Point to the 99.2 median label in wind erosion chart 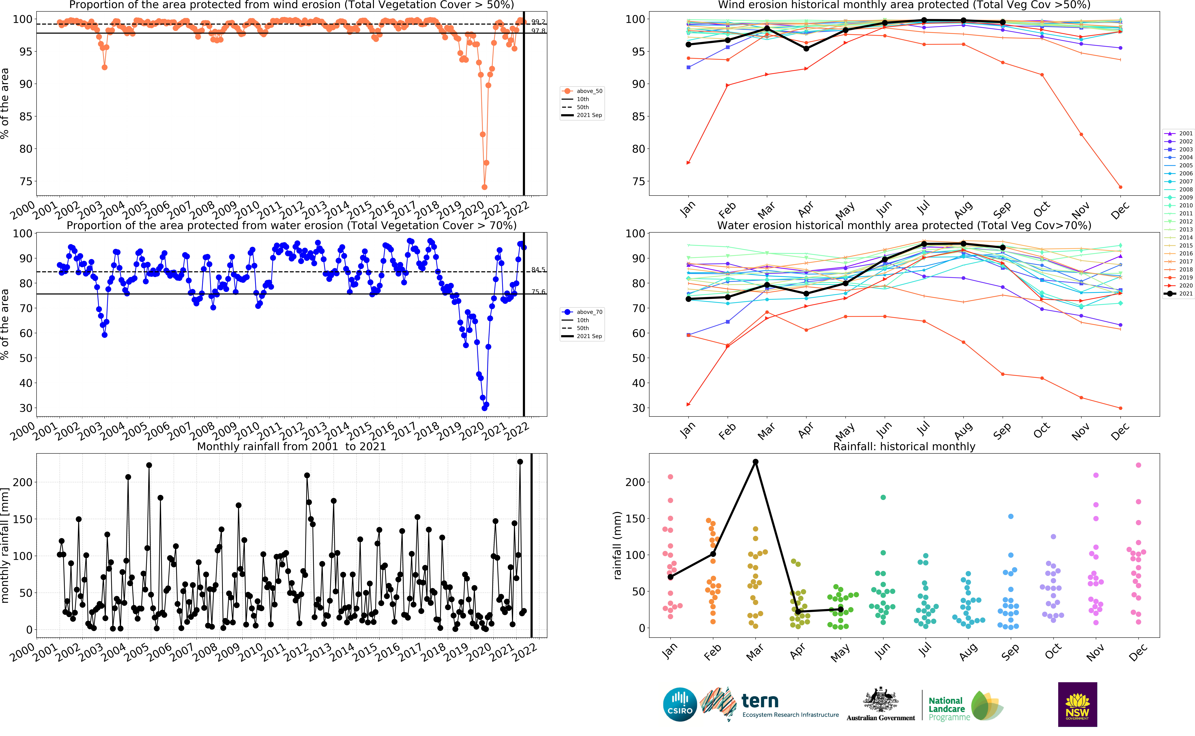(x=538, y=22)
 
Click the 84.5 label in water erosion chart (x=538, y=270)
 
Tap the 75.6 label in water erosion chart (x=538, y=292)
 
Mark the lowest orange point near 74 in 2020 (x=484, y=187)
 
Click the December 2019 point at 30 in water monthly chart (x=1121, y=408)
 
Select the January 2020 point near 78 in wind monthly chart (x=688, y=163)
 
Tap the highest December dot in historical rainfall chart (x=1139, y=465)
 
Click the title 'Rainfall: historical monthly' (x=904, y=446)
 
